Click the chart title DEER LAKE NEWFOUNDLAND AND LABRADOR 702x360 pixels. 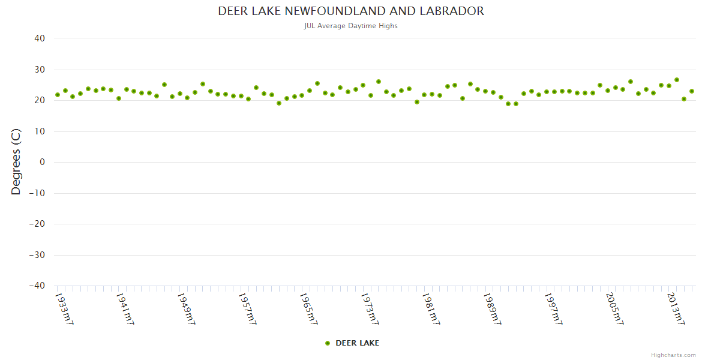click(x=351, y=11)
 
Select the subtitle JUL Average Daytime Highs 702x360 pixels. click(x=351, y=26)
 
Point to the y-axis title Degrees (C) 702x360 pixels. click(x=16, y=161)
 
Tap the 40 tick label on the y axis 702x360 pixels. click(x=40, y=38)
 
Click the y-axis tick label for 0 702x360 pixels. click(x=42, y=162)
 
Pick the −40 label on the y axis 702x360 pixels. click(x=37, y=286)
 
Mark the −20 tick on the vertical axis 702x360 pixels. click(x=37, y=224)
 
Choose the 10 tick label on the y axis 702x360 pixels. click(x=40, y=131)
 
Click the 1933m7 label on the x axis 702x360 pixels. click(x=64, y=308)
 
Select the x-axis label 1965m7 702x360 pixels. click(x=308, y=308)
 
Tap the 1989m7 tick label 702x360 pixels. click(x=492, y=308)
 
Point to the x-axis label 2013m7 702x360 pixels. click(x=676, y=308)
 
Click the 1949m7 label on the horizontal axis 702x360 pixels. click(x=186, y=308)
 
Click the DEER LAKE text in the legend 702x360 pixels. click(x=357, y=343)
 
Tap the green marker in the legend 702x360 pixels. click(x=328, y=343)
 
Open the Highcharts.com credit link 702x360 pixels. click(x=673, y=355)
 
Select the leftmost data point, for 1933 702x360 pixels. click(x=58, y=95)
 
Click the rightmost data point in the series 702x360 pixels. click(x=692, y=91)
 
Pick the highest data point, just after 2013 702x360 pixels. click(x=677, y=80)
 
